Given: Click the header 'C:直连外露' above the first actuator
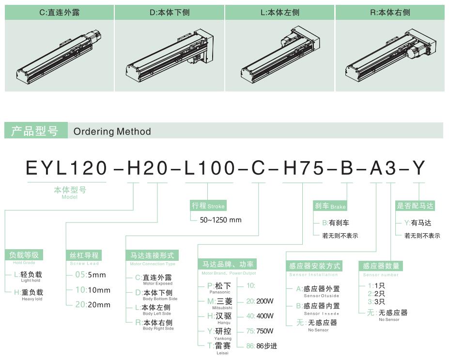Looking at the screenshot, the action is (x=59, y=12).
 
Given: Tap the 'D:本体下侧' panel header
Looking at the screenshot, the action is (x=170, y=12).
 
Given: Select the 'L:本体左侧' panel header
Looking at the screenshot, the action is (x=280, y=12).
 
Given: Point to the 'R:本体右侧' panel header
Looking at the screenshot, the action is (x=390, y=12).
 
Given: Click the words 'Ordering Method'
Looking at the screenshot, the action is (x=112, y=131).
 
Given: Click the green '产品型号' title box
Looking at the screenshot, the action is (x=36, y=131).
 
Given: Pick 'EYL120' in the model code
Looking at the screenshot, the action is (x=66, y=168).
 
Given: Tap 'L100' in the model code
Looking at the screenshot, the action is (x=209, y=168).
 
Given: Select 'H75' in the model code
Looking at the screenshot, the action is (x=304, y=168).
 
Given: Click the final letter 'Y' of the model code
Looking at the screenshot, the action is (x=418, y=168).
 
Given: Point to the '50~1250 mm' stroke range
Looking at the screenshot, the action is (x=220, y=220).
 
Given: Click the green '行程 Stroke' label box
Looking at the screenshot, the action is (x=208, y=206).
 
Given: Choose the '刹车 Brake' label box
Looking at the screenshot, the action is (x=330, y=206).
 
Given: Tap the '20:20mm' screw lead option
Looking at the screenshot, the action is (x=93, y=304).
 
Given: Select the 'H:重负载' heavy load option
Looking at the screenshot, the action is (x=29, y=292).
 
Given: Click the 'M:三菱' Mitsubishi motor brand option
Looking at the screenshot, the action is (x=219, y=301).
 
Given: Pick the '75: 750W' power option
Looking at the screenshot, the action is (x=260, y=331).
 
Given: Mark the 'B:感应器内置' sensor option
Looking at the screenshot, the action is (x=318, y=306).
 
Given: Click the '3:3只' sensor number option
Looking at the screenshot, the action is (x=376, y=301).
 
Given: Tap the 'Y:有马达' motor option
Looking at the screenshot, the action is (x=418, y=223).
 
